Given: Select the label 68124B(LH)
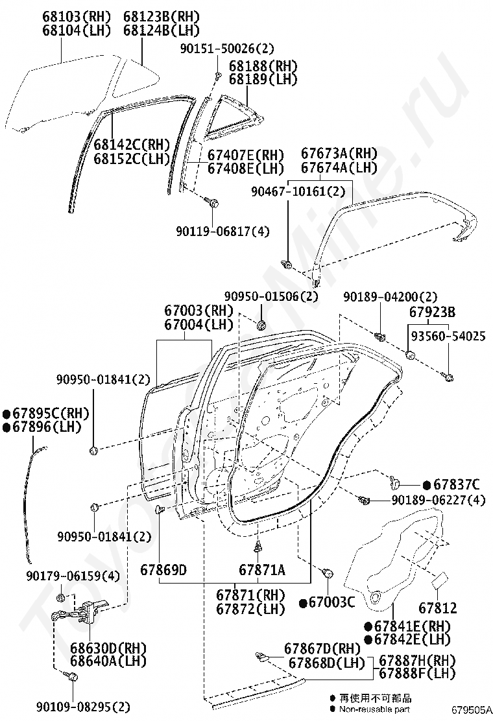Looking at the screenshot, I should pos(161,30).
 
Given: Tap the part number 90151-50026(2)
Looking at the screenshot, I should pos(228,49).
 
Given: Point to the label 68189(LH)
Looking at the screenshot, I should pos(263,79).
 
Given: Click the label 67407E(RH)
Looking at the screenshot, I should pos(246,155).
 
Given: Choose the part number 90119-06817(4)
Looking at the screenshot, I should pos(222,231).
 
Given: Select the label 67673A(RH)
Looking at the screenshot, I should pos(339,154).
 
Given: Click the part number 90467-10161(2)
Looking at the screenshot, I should pos(298,192).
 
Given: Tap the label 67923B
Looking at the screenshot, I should pos(432,312).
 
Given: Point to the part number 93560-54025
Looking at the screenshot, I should pos(446,337).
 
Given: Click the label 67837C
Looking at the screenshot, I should pos(457,484).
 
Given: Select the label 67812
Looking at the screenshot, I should pos(437,608).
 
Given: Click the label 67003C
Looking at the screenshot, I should pos(332,603).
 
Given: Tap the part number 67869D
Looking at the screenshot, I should pos(163,570).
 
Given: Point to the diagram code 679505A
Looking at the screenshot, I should pos(472,710).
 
